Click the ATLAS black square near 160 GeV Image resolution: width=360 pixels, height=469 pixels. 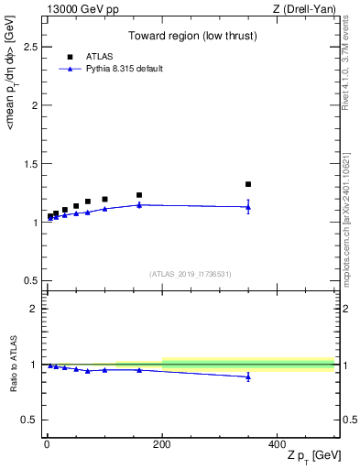[x=139, y=195]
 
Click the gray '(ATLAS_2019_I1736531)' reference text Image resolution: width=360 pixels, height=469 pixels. [x=191, y=273]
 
